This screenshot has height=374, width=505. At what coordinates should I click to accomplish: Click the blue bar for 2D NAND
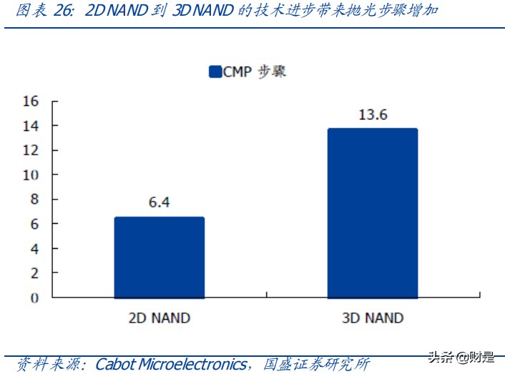159,257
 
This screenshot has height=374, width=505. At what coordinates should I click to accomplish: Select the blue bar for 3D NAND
372,213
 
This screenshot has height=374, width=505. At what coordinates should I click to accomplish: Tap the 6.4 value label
159,202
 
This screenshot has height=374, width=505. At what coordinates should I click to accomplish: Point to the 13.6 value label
372,114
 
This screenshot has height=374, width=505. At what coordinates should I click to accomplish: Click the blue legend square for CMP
215,72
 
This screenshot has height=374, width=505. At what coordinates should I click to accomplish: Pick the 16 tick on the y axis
31,101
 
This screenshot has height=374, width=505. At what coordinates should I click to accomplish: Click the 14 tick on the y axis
31,126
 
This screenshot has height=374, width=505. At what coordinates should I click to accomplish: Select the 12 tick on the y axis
31,150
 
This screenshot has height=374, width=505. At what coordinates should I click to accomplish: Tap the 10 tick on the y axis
31,175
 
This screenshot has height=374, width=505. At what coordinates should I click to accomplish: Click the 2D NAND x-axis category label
159,318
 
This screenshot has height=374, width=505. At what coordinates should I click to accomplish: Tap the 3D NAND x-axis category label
372,318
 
